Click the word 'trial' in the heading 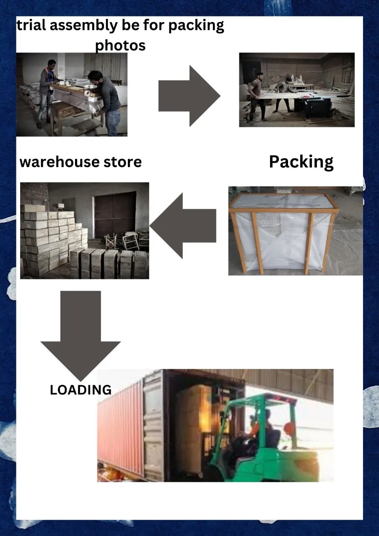[31, 26]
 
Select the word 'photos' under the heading [120, 45]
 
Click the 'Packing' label [301, 162]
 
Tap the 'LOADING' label [80, 390]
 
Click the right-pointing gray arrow [189, 96]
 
